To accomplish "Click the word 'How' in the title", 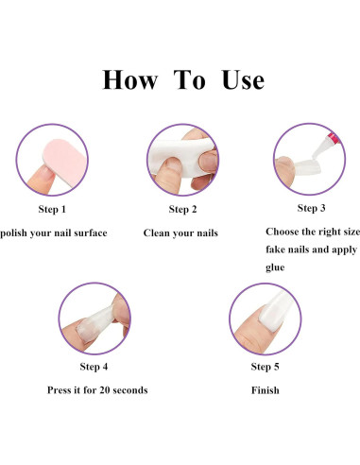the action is click(130, 80).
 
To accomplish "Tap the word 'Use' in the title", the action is click(243, 80).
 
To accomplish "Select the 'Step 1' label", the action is click(52, 209).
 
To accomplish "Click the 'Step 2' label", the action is click(182, 209).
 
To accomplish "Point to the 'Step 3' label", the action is click(311, 208).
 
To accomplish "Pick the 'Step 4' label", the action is click(94, 367).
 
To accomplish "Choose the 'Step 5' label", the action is click(265, 367).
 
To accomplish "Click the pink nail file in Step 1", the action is click(64, 162).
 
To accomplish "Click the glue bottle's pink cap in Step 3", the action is click(334, 138).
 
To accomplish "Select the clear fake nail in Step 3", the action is click(307, 167).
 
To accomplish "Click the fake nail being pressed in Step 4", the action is click(94, 324).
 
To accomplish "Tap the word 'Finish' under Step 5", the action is click(266, 390).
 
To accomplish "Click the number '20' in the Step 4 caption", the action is click(105, 390).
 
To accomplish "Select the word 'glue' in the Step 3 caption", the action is click(275, 267).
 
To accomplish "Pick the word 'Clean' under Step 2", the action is click(157, 232).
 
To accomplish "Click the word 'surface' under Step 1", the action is click(91, 232).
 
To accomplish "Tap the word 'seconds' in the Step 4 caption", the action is click(130, 390).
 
